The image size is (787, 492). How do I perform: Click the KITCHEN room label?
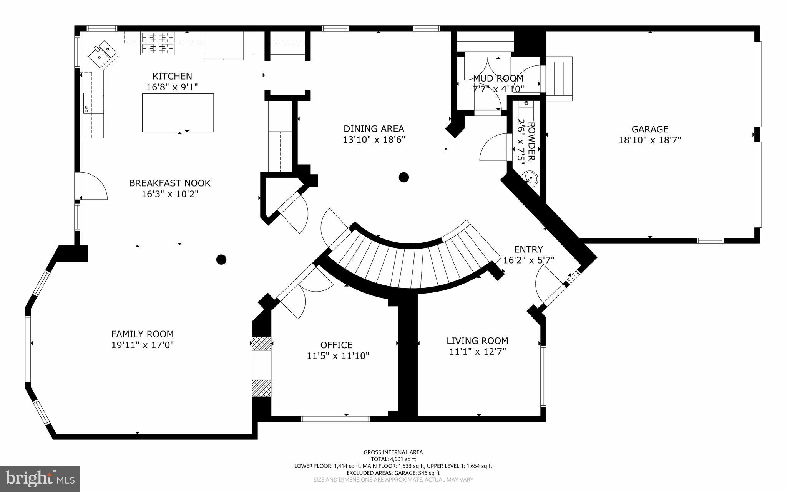pos(172,76)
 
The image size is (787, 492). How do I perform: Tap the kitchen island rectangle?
pos(178,113)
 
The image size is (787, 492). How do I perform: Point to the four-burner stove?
pos(158,43)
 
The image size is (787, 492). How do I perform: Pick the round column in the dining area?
pos(403,177)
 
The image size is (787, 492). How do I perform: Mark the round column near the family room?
pos(221,260)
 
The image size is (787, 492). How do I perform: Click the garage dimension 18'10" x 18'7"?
pos(649,140)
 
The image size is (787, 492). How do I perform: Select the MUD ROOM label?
pos(498,78)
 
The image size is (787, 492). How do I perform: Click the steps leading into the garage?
pos(559,78)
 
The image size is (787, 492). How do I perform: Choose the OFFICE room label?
pos(336,345)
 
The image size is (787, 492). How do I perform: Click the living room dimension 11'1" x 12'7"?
pos(477,351)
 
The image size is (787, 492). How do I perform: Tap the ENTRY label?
pos(528,249)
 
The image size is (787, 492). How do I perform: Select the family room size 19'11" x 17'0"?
pos(142,345)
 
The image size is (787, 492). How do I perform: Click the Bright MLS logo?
pos(40,479)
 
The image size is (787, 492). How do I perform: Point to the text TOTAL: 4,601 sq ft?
pos(393,459)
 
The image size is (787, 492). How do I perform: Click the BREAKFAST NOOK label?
pos(169,183)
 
